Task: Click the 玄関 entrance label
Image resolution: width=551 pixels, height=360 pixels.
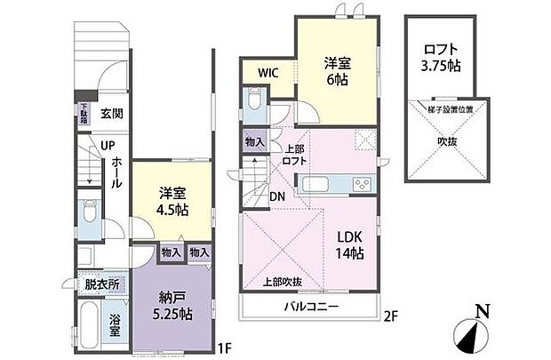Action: pos(111,114)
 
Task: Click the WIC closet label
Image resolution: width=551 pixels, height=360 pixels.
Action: pos(269,73)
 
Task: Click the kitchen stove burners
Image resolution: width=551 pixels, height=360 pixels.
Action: pos(363,185)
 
